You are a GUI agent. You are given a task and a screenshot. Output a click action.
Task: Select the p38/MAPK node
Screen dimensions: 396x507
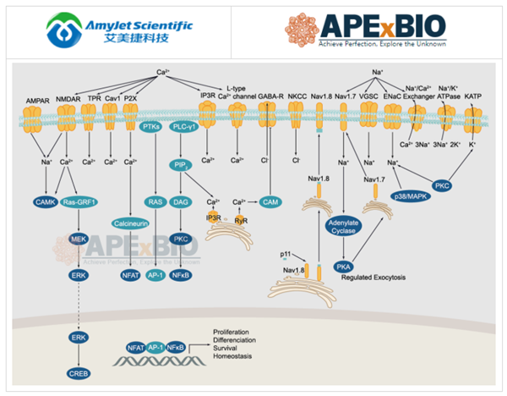click(x=410, y=195)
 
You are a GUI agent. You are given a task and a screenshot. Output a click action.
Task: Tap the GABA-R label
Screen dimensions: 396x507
click(x=270, y=96)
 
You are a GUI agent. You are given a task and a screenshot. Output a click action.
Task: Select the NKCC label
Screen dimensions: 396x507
click(x=297, y=96)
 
